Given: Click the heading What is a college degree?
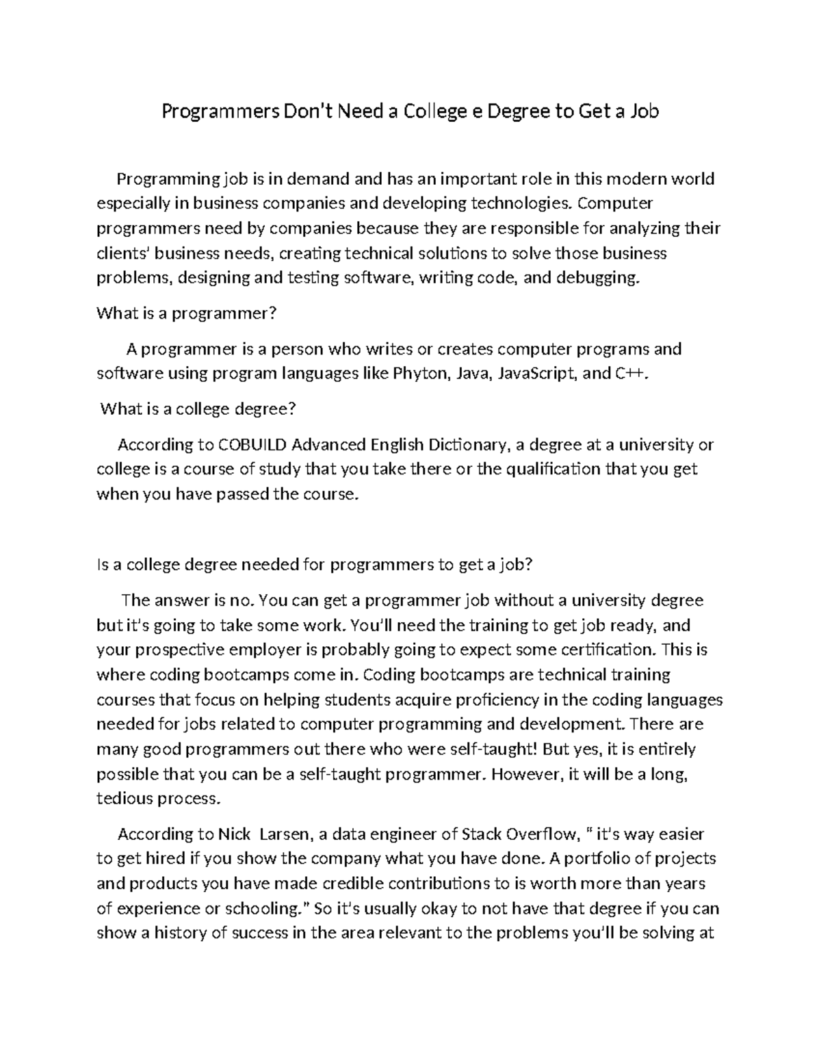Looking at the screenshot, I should click(198, 409).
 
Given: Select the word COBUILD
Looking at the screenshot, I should click(252, 445).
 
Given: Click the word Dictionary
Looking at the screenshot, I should click(469, 445).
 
